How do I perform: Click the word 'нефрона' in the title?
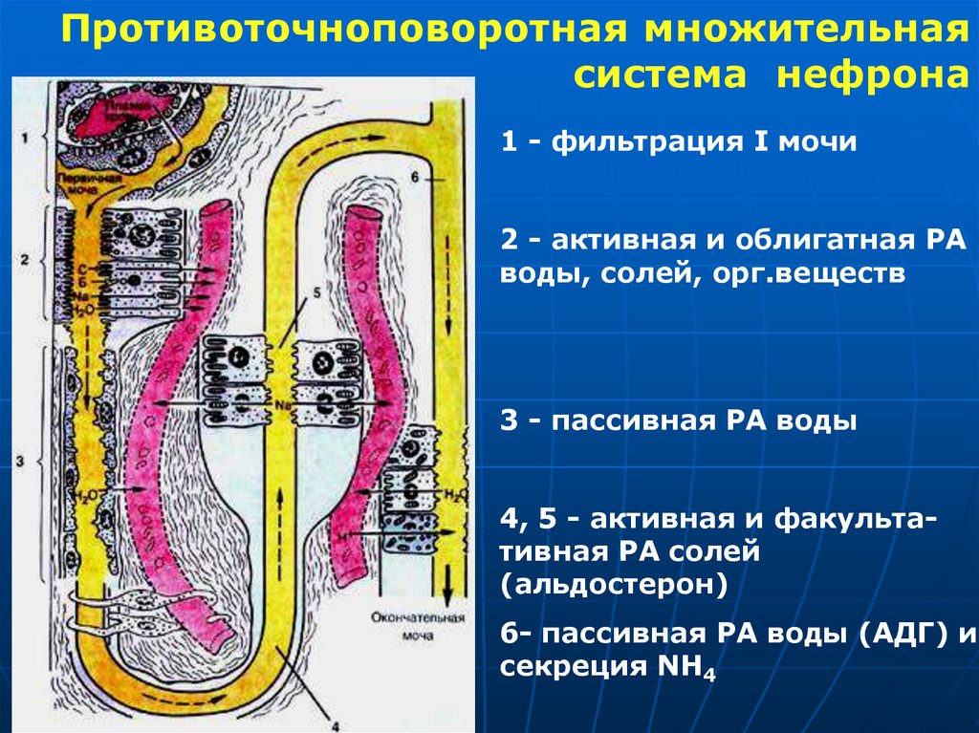[x=865, y=75]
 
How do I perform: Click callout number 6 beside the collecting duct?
[x=412, y=178]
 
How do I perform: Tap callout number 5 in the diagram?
[x=305, y=293]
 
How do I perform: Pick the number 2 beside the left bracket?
[x=23, y=259]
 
